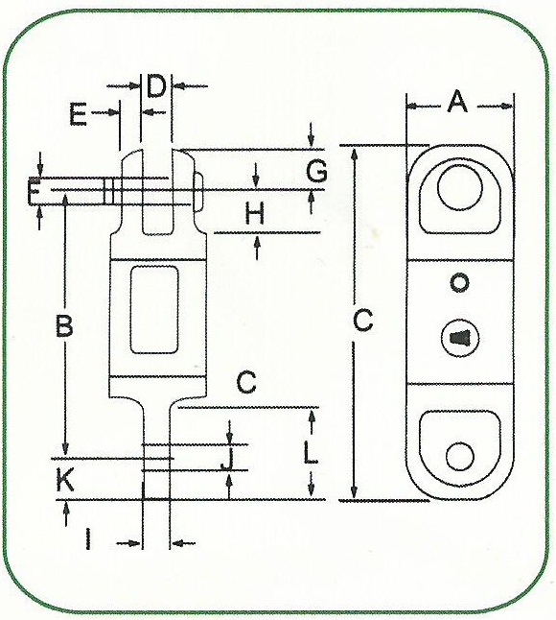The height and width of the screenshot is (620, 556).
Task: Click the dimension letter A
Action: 457,102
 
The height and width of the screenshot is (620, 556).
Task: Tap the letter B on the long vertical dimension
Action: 64,325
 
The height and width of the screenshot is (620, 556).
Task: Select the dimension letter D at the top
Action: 156,86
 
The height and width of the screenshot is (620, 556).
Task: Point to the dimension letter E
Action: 78,114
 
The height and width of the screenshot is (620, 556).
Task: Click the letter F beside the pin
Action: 34,191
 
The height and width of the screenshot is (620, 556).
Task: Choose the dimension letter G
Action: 316,171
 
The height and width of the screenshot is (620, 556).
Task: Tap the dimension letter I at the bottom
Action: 88,538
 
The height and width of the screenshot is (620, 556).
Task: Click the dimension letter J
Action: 227,459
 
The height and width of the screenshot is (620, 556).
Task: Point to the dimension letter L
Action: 311,453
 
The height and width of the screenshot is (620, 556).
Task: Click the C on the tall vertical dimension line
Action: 363,320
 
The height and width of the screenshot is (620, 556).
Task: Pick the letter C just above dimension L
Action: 246,382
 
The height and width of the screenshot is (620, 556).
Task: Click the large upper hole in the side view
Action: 460,188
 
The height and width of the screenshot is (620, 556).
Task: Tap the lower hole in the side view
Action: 460,456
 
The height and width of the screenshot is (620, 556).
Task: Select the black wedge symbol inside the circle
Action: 458,338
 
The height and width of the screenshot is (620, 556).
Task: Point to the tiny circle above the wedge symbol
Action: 459,283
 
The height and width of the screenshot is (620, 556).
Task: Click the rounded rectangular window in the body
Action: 154,309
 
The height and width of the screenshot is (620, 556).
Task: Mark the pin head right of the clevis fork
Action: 198,191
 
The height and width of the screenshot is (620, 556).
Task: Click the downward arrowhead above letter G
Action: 312,141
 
